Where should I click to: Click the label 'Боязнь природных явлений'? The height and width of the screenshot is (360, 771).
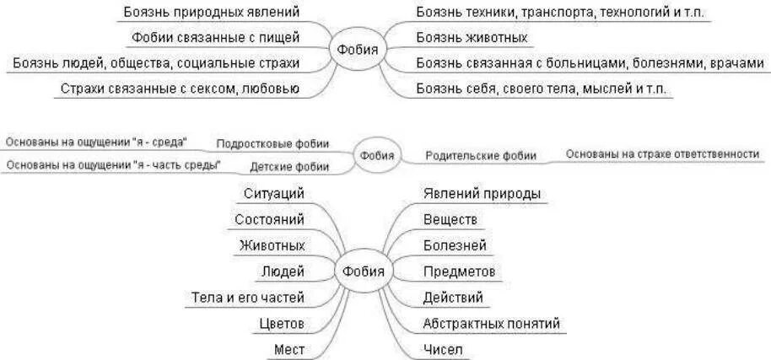[211, 13]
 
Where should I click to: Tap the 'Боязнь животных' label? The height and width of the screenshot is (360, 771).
[472, 38]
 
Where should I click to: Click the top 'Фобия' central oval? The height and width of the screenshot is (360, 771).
[358, 50]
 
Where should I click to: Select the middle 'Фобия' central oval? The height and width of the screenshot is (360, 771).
[377, 155]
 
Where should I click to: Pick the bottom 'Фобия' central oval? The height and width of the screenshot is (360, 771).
[364, 271]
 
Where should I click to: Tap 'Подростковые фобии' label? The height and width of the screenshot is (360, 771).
[272, 143]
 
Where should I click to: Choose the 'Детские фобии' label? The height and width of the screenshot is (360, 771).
[289, 166]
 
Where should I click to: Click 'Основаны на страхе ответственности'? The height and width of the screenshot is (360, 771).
[662, 154]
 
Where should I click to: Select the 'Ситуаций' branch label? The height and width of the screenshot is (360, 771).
[273, 194]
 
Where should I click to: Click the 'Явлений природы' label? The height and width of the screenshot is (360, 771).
[482, 194]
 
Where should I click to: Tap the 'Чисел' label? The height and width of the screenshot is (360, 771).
[443, 349]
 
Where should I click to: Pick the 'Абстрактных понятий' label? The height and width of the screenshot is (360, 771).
[491, 323]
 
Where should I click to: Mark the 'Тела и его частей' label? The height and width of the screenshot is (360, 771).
[248, 297]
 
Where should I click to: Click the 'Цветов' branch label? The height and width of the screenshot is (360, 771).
[282, 323]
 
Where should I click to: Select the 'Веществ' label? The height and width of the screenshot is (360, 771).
[450, 219]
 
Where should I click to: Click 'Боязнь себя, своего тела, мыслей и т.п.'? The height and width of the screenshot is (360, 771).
[543, 89]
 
